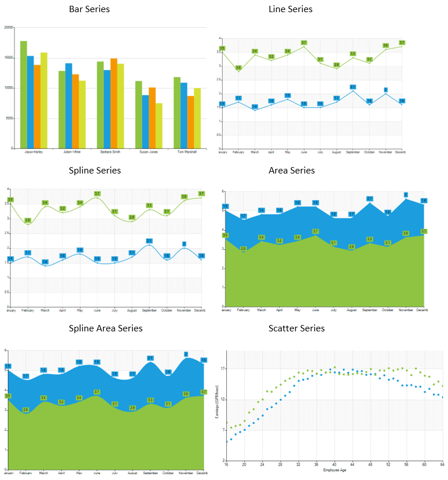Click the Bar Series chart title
[x=89, y=9]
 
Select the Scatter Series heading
[x=296, y=328]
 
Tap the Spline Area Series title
[x=105, y=328]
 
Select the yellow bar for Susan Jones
[x=159, y=125]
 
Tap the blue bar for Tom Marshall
[x=183, y=115]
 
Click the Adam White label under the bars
[x=68, y=152]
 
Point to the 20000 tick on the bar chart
[x=8, y=27]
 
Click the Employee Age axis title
[x=335, y=470]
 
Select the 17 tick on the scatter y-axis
[x=222, y=368]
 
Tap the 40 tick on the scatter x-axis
[x=335, y=464]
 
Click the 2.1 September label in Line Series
[x=352, y=87]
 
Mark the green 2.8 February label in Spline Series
[x=28, y=220]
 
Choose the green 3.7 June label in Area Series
[x=315, y=231]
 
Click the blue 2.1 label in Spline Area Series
[x=150, y=358]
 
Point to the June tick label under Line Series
[x=304, y=152]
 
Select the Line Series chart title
[x=291, y=9]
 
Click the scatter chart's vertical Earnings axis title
[x=216, y=405]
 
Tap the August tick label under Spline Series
[x=132, y=311]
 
